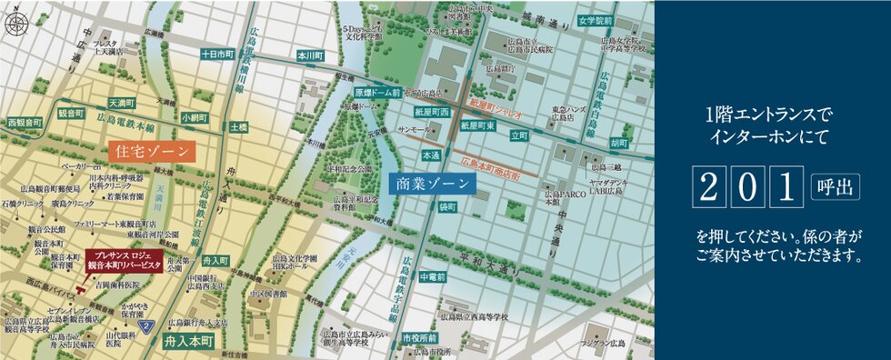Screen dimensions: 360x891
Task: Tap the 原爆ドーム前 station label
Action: click(x=377, y=93)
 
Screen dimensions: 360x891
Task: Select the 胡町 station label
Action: click(x=620, y=143)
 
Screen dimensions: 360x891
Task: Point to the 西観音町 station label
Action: click(x=25, y=121)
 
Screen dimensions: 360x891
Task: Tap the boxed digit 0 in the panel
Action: click(x=746, y=185)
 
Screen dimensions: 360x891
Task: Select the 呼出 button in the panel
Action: click(x=828, y=185)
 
